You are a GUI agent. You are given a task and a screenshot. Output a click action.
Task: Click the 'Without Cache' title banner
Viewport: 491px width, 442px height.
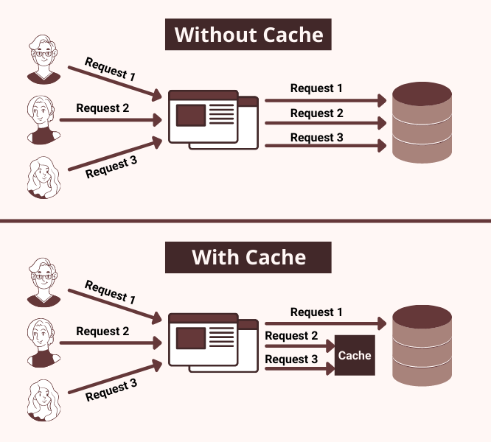248,35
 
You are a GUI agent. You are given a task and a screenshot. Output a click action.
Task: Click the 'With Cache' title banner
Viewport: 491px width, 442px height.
248,257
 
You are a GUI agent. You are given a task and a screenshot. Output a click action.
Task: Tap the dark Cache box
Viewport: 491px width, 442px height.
355,356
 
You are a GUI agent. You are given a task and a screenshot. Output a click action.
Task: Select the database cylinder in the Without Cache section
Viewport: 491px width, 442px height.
422,122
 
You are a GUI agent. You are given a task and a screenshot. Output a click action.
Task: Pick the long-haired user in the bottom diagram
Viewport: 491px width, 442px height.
42,400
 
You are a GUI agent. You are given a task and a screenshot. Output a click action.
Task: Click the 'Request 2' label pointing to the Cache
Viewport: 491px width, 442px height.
291,336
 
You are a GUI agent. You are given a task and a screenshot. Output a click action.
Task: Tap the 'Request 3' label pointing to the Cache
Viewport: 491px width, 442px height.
291,359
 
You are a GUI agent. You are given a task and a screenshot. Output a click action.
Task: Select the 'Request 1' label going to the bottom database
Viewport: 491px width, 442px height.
316,312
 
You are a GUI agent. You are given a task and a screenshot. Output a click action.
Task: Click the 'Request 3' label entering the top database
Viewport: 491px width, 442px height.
316,138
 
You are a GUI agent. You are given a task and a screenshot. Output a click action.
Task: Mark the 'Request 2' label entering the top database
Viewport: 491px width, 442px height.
316,113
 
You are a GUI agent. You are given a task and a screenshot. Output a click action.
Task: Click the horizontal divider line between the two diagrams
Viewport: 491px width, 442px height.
245,220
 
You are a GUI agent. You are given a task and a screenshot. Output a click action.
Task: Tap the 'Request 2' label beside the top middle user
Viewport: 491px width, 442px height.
102,108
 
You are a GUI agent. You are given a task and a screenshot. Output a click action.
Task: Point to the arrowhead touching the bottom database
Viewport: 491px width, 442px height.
382,323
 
